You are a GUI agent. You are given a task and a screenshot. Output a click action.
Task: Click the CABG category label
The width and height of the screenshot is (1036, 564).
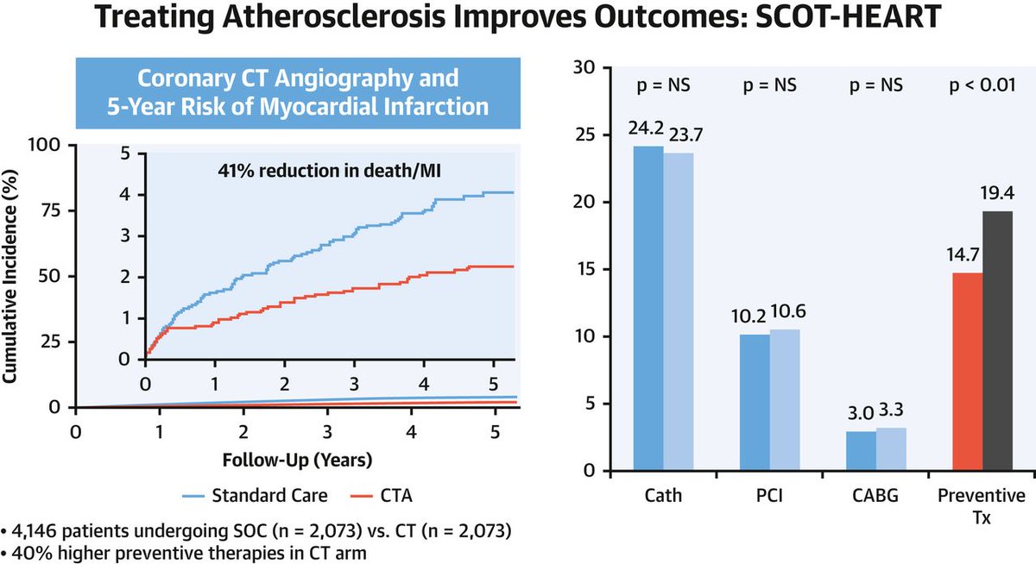[x=875, y=497]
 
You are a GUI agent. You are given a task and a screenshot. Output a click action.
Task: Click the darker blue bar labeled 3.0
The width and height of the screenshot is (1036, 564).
[x=861, y=450]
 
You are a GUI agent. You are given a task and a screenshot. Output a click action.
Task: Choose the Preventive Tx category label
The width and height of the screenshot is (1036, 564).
[x=982, y=505]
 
